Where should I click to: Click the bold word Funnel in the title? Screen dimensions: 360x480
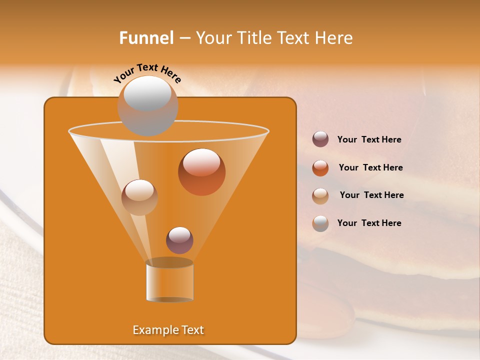click(146, 38)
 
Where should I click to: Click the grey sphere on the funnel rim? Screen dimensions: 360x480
click(147, 105)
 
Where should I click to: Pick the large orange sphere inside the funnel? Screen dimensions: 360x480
click(201, 172)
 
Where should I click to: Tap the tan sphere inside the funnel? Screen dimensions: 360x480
click(139, 197)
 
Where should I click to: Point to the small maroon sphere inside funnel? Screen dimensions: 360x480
click(179, 240)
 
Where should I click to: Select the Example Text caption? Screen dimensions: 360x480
click(168, 330)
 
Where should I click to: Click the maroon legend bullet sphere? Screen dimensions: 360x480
click(320, 139)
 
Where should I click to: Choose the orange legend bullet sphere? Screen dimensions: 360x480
click(320, 167)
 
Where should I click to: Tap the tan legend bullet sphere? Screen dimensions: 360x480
click(320, 195)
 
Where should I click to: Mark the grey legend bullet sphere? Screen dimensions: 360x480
click(320, 223)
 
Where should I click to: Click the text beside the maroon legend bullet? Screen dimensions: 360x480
click(369, 140)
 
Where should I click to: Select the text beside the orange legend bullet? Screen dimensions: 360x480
click(370, 168)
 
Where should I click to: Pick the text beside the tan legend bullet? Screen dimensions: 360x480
click(371, 195)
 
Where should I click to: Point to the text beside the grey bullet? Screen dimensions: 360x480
click(369, 223)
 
